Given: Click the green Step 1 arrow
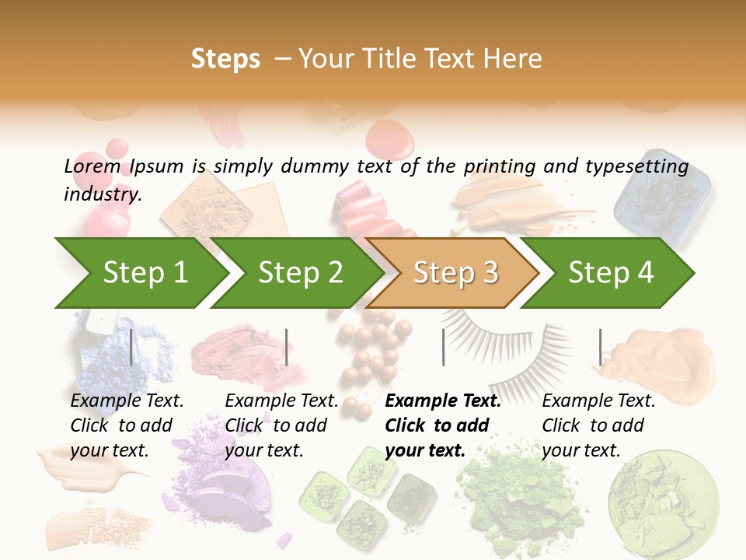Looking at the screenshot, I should point(144,273).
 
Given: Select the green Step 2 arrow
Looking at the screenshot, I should point(299,273).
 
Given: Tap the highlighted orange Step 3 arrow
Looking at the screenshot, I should point(455,273).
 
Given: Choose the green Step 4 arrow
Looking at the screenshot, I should point(610,273).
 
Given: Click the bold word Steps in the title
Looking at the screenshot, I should point(225,59).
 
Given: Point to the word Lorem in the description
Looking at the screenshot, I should point(92,166).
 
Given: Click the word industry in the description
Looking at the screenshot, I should point(102,194).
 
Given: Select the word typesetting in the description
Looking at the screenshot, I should point(637,166).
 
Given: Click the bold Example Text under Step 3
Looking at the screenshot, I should point(443,401).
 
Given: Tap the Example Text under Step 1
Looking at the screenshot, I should point(127,401).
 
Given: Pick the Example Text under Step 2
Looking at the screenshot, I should point(281,401).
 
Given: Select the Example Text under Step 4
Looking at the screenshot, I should point(598,401).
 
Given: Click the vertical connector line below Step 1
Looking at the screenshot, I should point(131,347).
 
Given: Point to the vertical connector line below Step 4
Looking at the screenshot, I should point(600,347).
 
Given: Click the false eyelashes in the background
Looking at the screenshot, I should point(505,342).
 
